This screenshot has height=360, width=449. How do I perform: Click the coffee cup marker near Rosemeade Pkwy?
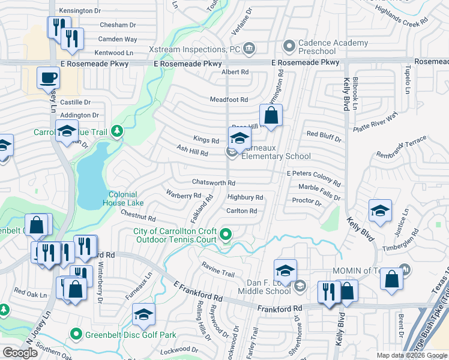tap(48, 78)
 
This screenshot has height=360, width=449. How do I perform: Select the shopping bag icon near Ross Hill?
tap(271, 115)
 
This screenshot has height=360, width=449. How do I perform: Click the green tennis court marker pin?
tap(226, 234)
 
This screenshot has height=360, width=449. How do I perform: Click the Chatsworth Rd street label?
tap(213, 182)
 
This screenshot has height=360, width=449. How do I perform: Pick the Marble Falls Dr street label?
tap(319, 188)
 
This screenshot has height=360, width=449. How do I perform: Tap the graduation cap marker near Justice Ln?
tap(380, 211)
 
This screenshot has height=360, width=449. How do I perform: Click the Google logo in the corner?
tap(20, 353)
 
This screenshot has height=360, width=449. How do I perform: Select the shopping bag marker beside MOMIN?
tap(391, 280)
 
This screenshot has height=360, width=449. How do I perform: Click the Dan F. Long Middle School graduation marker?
tap(286, 270)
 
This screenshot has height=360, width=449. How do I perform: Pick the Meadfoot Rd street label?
tap(229, 100)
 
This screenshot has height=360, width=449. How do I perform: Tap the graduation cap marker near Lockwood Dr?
tap(143, 314)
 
